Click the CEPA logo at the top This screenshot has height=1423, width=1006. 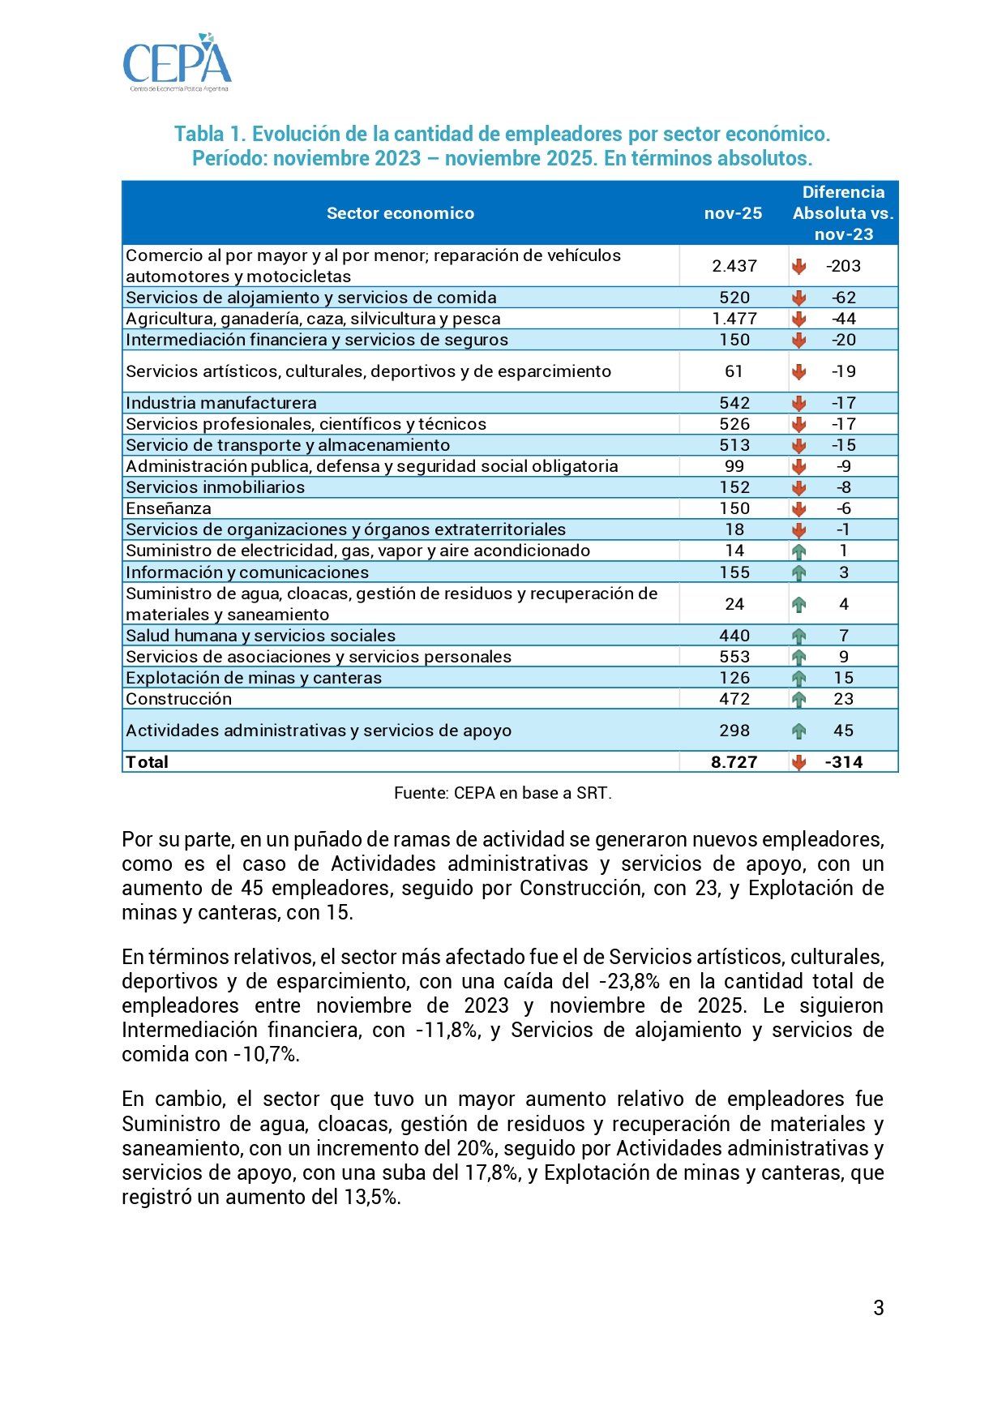[177, 62]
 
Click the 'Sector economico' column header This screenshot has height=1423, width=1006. [400, 213]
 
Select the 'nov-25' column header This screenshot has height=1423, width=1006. [733, 213]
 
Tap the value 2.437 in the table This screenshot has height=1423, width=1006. [734, 266]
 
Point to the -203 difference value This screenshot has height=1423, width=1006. [843, 266]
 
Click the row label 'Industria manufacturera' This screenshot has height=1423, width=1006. [221, 403]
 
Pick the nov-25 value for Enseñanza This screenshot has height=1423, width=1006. [734, 508]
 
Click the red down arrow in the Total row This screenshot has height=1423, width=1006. [798, 762]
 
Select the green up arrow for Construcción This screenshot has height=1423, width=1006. [798, 699]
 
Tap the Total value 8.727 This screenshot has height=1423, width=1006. [734, 762]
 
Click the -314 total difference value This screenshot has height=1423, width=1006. [843, 762]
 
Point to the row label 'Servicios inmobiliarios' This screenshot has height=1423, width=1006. [215, 487]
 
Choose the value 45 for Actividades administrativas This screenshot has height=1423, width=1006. [843, 731]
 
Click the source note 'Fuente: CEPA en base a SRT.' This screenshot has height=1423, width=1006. [503, 793]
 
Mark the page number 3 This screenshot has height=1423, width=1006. [879, 1308]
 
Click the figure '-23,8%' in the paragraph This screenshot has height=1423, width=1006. [629, 982]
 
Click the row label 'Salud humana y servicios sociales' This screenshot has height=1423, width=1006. [260, 636]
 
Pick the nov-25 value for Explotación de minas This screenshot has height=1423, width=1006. [734, 678]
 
